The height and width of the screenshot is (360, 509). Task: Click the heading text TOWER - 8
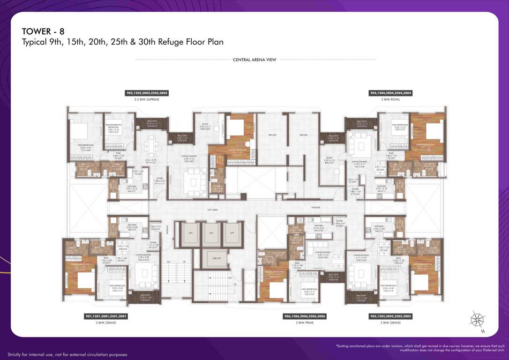[x=43, y=31]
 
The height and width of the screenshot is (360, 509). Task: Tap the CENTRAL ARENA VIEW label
[x=254, y=60]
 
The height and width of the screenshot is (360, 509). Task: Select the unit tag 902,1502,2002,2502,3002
[x=146, y=93]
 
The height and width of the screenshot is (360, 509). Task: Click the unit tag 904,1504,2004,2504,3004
[x=390, y=93]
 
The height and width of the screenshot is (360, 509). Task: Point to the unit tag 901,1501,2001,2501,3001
[x=106, y=316]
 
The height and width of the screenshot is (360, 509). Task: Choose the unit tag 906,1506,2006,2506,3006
[x=305, y=316]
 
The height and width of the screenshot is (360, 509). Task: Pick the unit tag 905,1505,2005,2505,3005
[x=390, y=316]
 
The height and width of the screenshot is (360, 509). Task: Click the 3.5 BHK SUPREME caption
[x=146, y=99]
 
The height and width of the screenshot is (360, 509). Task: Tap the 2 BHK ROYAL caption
[x=390, y=99]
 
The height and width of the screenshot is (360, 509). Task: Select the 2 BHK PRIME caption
[x=305, y=323]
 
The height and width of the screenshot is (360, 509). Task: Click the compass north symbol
[x=477, y=320]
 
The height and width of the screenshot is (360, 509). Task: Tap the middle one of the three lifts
[x=211, y=233]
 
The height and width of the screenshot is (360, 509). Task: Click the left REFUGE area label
[x=272, y=135]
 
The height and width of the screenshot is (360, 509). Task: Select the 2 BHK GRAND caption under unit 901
[x=106, y=323]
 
